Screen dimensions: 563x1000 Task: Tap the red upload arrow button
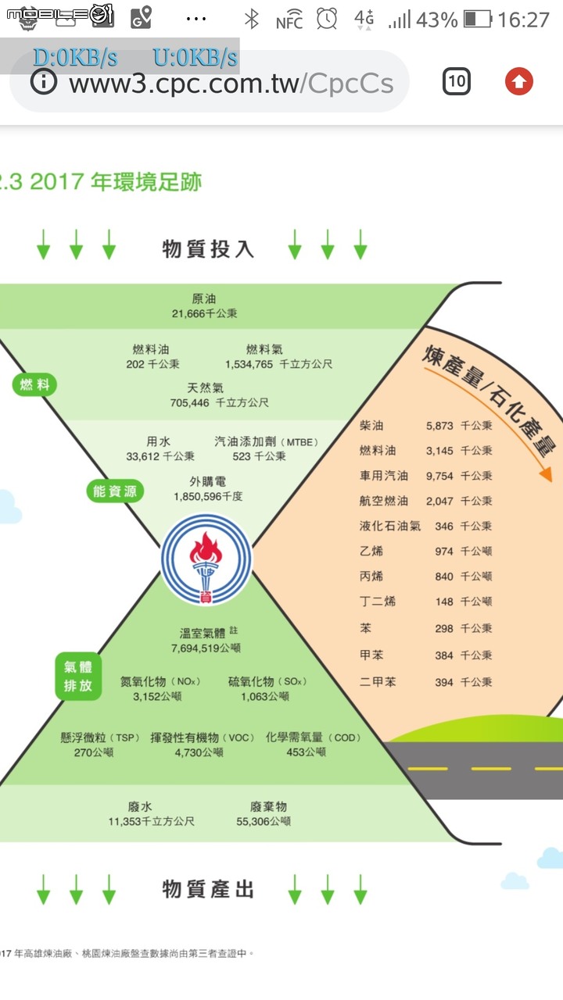[518, 81]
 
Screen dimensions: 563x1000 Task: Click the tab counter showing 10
[456, 81]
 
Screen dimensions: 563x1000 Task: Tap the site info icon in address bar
[43, 81]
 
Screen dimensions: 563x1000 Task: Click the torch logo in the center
[206, 559]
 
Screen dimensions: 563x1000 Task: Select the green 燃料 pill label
[35, 384]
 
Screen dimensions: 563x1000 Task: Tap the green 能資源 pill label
[115, 491]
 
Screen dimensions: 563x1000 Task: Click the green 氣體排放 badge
[78, 677]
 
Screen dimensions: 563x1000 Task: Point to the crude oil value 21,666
[188, 313]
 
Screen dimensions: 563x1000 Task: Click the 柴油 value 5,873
[439, 426]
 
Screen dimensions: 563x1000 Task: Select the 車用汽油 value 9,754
[439, 476]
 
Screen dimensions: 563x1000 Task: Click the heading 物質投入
[208, 248]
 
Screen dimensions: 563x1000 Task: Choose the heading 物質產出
[208, 889]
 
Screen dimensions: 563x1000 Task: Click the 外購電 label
[207, 481]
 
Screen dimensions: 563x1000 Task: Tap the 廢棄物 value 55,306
[253, 821]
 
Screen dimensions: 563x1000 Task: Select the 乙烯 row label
[371, 551]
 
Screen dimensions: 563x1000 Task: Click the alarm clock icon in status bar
[327, 20]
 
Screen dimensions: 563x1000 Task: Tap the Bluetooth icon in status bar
[252, 20]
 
